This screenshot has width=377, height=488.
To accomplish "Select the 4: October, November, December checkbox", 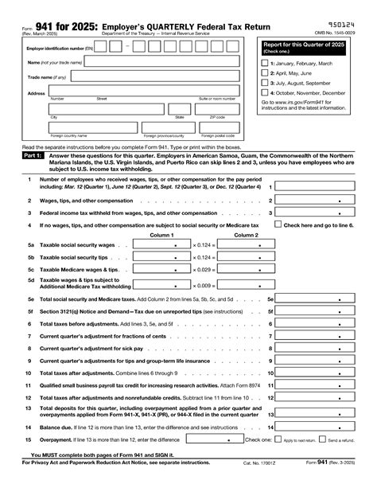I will pos(266,92).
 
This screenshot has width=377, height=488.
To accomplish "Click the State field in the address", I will pos(180,110).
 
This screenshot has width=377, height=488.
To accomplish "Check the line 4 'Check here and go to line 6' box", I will pos(278,224).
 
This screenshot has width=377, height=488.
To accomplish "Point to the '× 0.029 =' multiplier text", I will pos(204,271).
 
